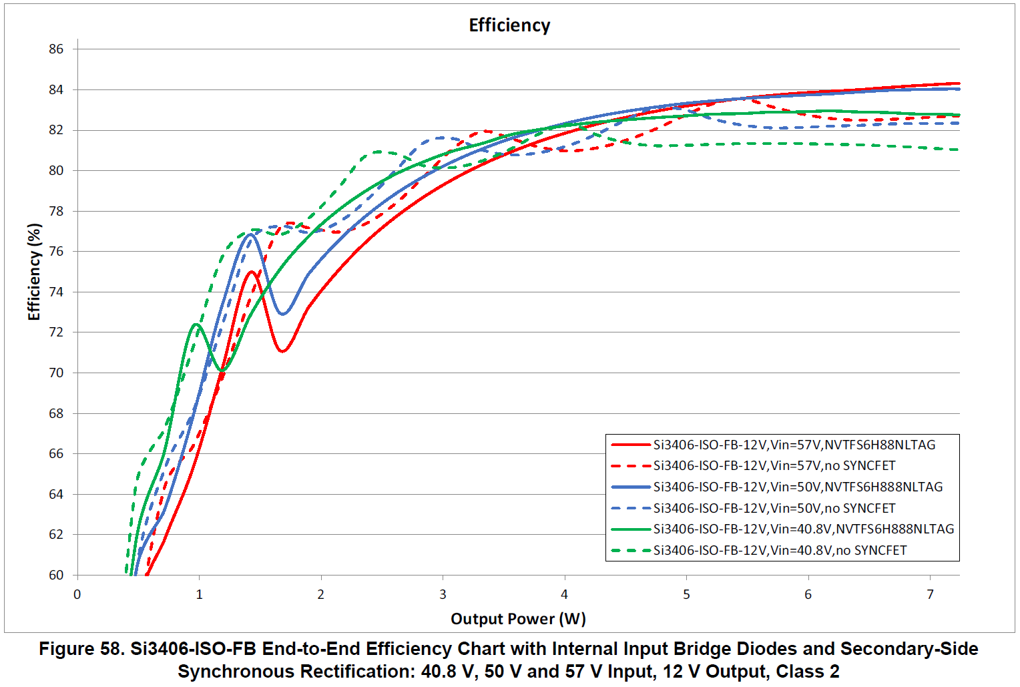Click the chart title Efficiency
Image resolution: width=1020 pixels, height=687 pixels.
[x=509, y=25]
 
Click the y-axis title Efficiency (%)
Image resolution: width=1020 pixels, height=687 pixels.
[x=34, y=272]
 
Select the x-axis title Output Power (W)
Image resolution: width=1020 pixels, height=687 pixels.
[x=518, y=619]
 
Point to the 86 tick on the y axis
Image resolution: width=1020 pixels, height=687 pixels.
[x=56, y=49]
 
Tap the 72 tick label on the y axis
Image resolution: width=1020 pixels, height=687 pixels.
[x=56, y=332]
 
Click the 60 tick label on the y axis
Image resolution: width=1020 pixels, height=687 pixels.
[x=56, y=575]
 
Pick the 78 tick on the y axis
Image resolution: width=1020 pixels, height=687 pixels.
[x=56, y=211]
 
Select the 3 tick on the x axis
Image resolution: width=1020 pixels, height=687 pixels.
[x=443, y=594]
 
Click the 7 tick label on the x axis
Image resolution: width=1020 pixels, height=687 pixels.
[x=930, y=594]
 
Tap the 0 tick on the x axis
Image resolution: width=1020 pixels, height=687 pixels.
[x=77, y=594]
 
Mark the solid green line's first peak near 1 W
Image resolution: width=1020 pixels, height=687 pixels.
[x=196, y=324]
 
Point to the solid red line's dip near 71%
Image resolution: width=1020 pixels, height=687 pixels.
[x=283, y=351]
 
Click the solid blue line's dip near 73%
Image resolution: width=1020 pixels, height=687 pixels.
[x=283, y=313]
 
